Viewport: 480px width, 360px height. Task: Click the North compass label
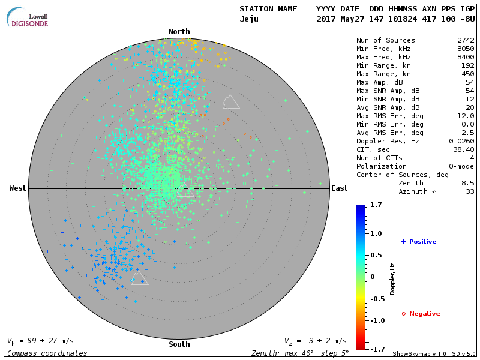coord(179,32)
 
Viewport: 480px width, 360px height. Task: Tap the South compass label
coord(179,344)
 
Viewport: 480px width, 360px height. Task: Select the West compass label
coord(18,188)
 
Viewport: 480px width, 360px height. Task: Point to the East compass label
coord(339,188)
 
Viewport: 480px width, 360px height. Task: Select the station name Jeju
coord(249,19)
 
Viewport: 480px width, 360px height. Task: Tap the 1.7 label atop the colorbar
coord(376,205)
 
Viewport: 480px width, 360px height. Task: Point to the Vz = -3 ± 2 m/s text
coord(315,341)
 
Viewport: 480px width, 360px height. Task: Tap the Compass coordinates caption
coord(47,353)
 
